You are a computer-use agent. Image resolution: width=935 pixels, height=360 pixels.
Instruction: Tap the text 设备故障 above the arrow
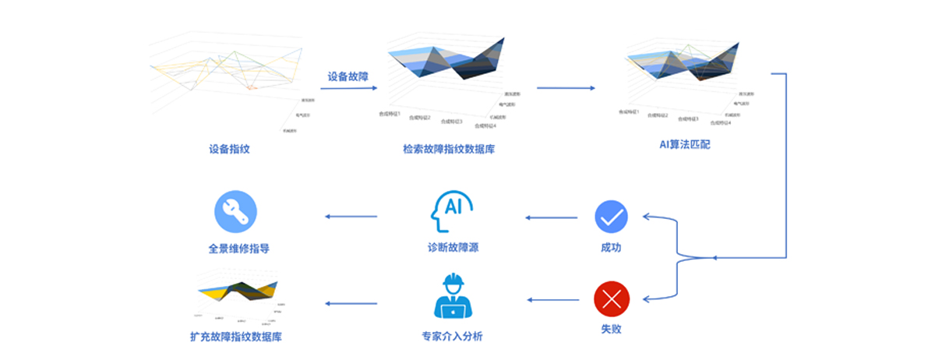point(348,76)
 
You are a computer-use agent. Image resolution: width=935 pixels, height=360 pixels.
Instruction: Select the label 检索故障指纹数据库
point(449,148)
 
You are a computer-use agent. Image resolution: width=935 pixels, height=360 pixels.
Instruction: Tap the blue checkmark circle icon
point(612,217)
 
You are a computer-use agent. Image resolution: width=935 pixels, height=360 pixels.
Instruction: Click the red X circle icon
point(612,299)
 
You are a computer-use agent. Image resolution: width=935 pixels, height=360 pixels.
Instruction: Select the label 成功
point(612,248)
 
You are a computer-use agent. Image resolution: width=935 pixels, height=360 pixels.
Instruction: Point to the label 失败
point(612,329)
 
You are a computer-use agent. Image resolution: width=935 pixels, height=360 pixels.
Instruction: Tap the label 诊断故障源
point(453,248)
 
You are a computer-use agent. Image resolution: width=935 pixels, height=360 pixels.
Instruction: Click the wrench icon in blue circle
point(235,212)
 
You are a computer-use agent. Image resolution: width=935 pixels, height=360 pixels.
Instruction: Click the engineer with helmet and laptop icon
point(453,296)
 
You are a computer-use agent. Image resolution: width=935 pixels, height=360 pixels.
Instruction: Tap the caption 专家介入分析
point(452,337)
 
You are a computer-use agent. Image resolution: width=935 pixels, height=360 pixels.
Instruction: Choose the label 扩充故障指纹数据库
point(236,337)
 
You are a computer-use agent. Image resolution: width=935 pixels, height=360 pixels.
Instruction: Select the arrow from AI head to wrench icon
point(351,217)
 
